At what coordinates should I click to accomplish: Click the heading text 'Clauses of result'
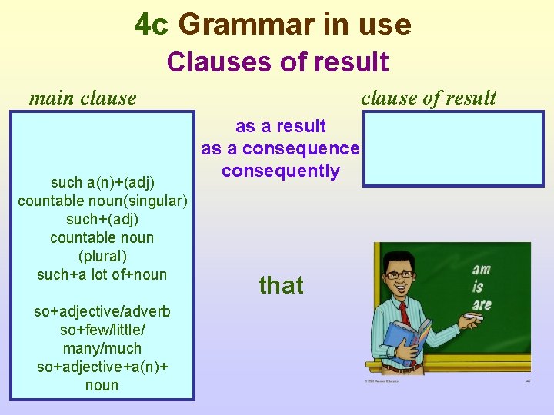pos(277,61)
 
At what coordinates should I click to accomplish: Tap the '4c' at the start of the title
pos(151,25)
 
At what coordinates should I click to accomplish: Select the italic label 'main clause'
pos(82,98)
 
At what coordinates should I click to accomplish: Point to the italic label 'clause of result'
pos(429,98)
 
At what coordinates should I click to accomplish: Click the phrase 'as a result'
pos(280,126)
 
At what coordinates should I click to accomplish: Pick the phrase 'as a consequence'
pos(280,148)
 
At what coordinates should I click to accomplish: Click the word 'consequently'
pos(280,171)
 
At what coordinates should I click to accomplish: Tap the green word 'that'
pos(281,286)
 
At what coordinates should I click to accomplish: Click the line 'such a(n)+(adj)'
pos(102,182)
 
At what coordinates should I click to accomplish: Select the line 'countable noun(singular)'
pos(102,201)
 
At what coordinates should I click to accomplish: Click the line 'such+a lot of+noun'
pos(102,274)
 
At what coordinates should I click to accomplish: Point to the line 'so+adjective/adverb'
pos(102,311)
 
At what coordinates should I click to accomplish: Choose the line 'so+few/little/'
pos(102,330)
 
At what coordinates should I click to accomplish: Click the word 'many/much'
pos(102,348)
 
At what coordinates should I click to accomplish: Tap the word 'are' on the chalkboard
pos(482,304)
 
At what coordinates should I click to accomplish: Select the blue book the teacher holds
pos(405,342)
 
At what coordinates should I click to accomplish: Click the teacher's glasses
pos(400,274)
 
